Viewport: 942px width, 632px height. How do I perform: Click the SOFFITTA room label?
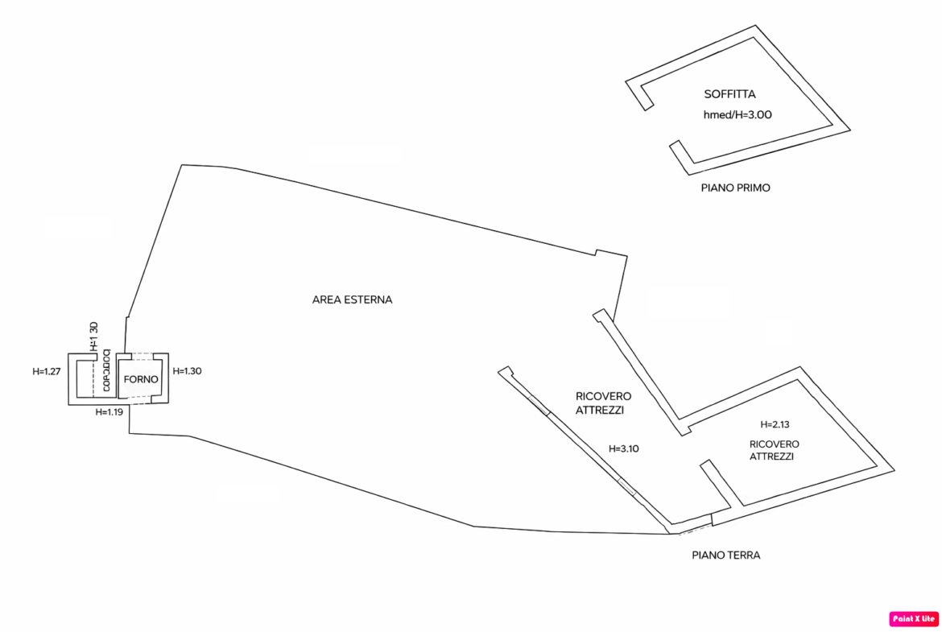(729, 94)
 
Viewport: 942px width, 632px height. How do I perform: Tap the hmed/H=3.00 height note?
(737, 114)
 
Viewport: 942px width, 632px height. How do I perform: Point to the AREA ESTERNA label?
(352, 299)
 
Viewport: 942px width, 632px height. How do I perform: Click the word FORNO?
(141, 378)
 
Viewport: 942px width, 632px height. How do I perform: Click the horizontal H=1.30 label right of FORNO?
(188, 370)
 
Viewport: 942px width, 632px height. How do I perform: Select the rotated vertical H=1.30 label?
(93, 336)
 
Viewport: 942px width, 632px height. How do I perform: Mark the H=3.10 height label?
(623, 449)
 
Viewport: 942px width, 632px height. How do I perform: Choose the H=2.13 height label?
(775, 424)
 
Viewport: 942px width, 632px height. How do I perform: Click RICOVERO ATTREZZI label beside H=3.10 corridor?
(603, 403)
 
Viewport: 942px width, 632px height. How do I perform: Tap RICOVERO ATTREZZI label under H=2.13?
(774, 449)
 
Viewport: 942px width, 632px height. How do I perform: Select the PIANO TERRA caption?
(726, 555)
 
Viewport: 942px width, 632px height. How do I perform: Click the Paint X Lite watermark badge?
(914, 618)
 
